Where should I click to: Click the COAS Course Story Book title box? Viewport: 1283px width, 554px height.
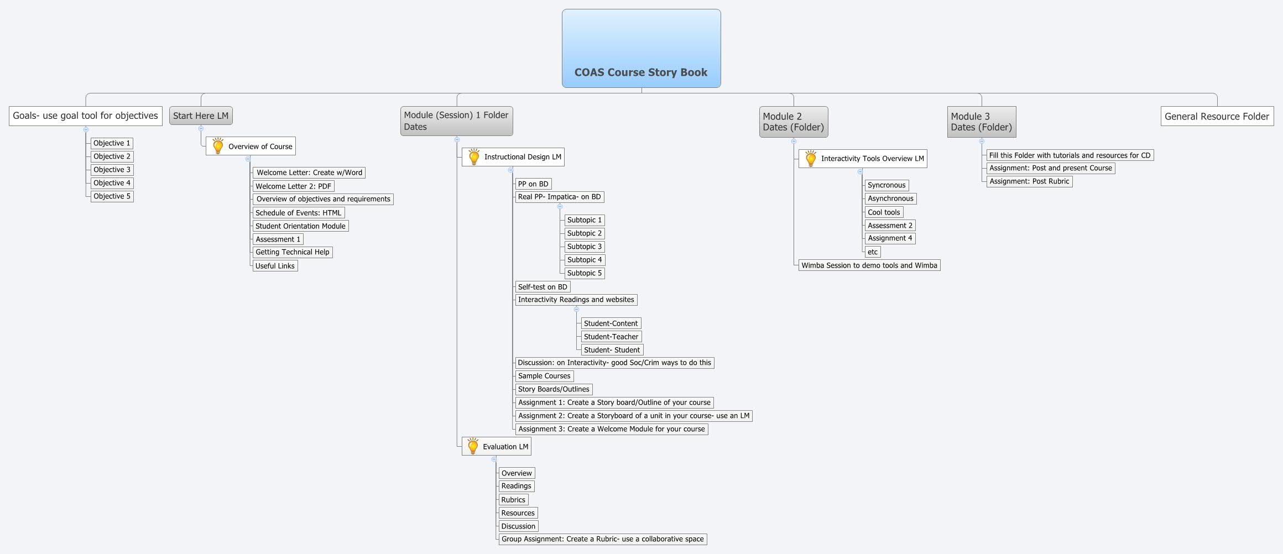pos(641,49)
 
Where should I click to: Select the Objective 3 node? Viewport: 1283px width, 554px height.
pos(112,170)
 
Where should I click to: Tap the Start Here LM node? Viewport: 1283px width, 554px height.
pos(201,116)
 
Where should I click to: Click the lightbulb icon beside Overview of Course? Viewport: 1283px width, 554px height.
pos(218,146)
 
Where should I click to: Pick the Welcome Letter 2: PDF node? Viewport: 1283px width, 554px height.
pos(293,186)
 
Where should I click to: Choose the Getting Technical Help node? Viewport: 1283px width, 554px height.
pos(292,252)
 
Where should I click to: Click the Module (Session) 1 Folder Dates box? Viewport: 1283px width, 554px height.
pos(456,121)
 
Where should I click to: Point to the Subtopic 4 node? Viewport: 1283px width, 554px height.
pos(584,260)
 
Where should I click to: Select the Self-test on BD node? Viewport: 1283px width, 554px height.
pos(542,287)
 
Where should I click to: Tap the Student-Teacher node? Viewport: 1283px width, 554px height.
pos(611,337)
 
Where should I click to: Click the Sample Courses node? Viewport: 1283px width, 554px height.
pos(544,376)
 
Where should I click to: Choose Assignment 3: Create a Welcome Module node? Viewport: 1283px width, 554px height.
pos(611,429)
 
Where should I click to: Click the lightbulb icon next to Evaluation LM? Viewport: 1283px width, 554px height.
pos(473,446)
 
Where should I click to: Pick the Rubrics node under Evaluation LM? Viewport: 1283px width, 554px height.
pos(513,500)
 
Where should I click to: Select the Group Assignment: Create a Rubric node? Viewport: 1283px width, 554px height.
pos(602,539)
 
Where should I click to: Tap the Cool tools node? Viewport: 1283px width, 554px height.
pos(884,212)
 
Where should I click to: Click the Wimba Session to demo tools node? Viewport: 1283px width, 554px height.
pos(869,265)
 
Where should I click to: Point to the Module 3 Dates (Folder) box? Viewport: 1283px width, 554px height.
pos(981,122)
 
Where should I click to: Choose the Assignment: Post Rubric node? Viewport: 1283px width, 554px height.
pos(1029,181)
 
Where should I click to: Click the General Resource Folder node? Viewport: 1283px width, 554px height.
pos(1217,116)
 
